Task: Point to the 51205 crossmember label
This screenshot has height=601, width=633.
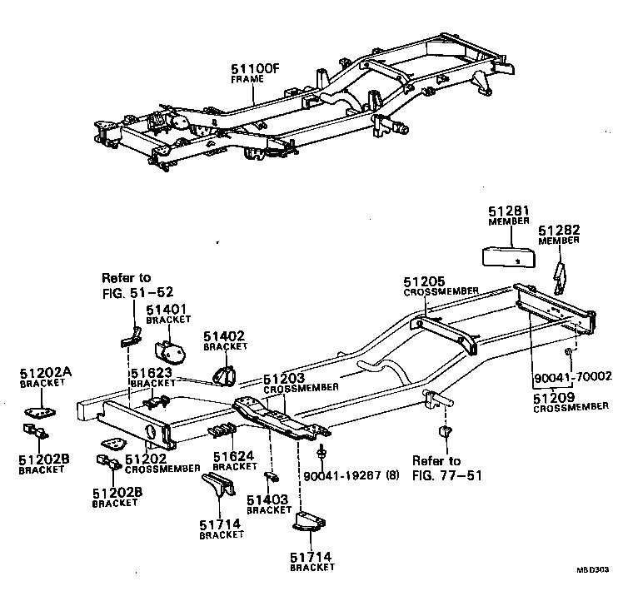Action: pyautogui.click(x=424, y=281)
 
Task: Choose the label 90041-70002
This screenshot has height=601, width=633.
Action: pyautogui.click(x=571, y=376)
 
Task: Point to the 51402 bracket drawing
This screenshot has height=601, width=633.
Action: pyautogui.click(x=223, y=372)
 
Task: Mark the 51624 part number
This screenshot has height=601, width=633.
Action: pyautogui.click(x=234, y=456)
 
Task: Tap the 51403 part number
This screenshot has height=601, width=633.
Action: pyautogui.click(x=268, y=499)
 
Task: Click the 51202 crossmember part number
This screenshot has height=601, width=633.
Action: pyautogui.click(x=146, y=458)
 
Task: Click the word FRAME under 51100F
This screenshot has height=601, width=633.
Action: pyautogui.click(x=247, y=79)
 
